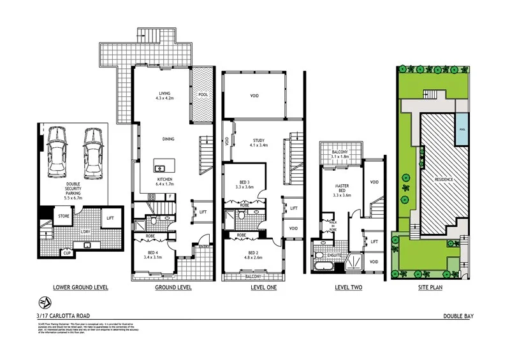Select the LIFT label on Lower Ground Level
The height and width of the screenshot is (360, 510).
coord(110,218)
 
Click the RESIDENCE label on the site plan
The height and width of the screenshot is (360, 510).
coord(444,179)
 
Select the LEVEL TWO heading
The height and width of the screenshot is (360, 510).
coord(348,287)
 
